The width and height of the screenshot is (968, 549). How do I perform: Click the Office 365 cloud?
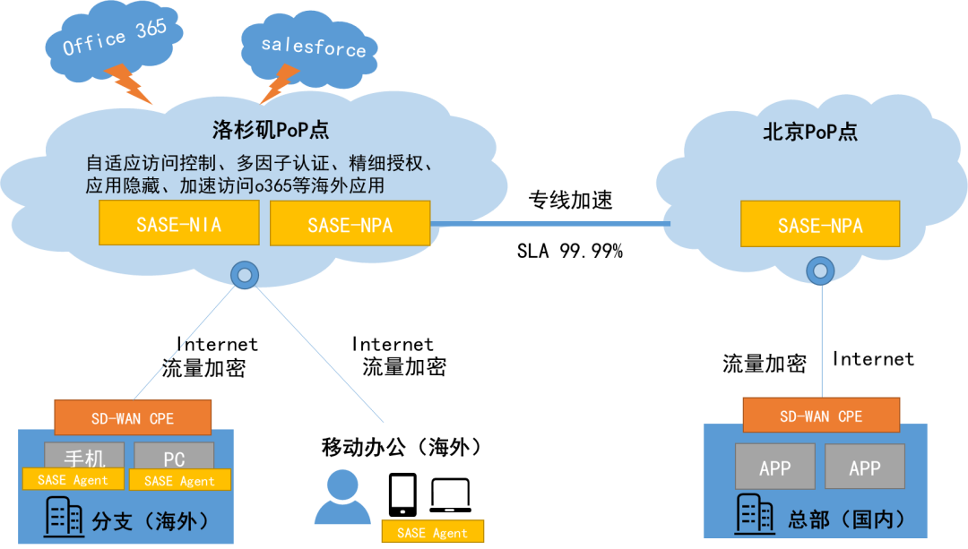(x=111, y=39)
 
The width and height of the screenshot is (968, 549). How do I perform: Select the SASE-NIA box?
(x=178, y=223)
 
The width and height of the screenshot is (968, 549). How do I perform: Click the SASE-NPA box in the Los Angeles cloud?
(x=350, y=224)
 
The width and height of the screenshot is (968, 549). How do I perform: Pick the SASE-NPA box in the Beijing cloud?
(x=819, y=225)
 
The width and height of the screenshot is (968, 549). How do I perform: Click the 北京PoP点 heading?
(x=810, y=133)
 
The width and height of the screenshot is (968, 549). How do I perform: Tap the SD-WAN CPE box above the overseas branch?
(x=133, y=417)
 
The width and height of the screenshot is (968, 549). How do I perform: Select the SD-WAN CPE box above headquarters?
(x=821, y=416)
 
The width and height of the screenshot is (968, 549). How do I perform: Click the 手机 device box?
(x=85, y=456)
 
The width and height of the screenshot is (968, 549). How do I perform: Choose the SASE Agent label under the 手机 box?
(x=73, y=480)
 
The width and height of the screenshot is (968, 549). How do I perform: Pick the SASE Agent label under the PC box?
(x=179, y=481)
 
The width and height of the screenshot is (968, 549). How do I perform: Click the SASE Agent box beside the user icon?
(x=432, y=532)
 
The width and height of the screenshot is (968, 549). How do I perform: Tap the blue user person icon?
(x=342, y=497)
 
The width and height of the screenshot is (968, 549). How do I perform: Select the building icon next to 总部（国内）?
(x=755, y=514)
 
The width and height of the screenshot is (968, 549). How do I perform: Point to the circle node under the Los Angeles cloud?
(x=244, y=275)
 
